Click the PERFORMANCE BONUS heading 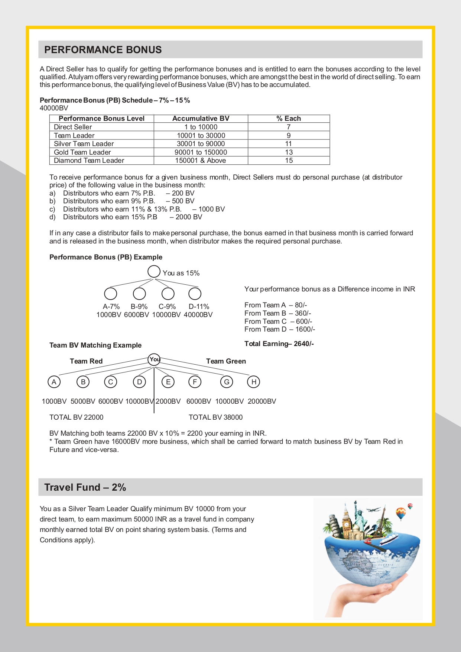coord(103,50)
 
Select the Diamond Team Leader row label coord(89,161)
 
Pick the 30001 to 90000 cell coord(201,144)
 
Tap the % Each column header coord(289,119)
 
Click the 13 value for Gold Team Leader coord(289,152)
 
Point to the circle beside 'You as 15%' coord(154,271)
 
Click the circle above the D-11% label coord(195,294)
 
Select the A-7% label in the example coord(111,307)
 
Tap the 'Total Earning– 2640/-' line coord(279,344)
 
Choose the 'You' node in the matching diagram coord(154,359)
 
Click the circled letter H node coord(254,382)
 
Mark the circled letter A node coord(54,382)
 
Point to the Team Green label coord(226,361)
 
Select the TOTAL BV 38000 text coord(215,417)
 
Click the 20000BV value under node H coord(262,401)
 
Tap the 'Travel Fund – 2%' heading coord(85,487)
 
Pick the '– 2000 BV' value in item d coord(186,217)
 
